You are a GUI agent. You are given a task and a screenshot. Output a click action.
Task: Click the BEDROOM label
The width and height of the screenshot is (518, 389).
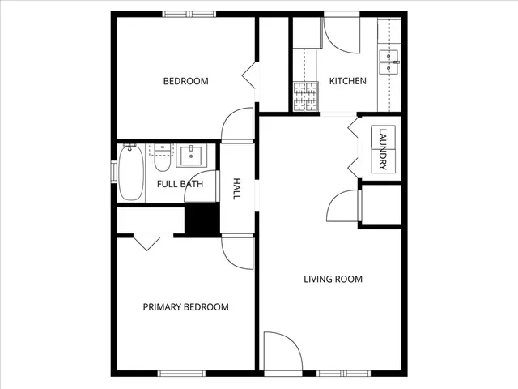coord(185,81)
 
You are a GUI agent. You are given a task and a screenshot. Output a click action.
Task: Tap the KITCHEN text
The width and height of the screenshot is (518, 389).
coord(348,81)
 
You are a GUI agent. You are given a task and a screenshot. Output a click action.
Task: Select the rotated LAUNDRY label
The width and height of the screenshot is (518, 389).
coord(383,149)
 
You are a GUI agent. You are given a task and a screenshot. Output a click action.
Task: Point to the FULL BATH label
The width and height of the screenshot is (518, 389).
coord(180,184)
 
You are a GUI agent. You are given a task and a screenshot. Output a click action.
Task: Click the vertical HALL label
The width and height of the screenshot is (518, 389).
coord(238,189)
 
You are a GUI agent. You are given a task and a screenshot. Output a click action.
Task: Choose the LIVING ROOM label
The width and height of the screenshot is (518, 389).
coord(333,280)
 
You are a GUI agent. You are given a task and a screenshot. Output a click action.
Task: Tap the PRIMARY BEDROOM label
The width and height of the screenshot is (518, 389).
coord(185,307)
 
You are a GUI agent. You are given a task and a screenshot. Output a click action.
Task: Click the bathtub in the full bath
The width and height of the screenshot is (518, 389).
coord(129,173)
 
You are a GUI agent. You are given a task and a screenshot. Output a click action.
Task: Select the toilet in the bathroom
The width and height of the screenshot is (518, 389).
coord(163,157)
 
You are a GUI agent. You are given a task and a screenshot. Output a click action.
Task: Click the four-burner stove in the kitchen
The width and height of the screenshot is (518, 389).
coord(305,96)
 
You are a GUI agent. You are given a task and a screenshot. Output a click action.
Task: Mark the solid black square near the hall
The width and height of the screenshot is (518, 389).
coord(202,219)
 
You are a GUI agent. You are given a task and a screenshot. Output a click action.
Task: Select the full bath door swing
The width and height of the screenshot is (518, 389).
coord(206,187)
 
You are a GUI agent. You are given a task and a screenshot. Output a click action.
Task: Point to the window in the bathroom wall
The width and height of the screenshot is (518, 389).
coord(114,173)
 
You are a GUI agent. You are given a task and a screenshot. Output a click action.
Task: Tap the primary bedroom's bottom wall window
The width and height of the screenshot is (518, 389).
coord(180,374)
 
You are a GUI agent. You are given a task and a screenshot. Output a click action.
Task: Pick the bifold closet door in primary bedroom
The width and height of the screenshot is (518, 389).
coord(146,242)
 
